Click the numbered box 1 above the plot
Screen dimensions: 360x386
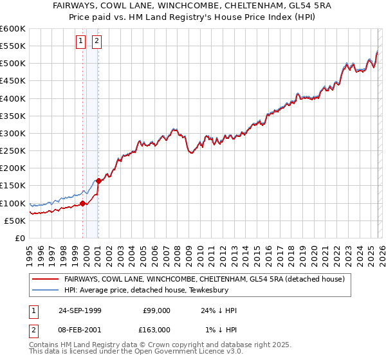[x=80, y=42]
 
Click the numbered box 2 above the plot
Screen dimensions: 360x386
[x=96, y=42]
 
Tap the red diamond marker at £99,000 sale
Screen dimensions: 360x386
[x=83, y=204]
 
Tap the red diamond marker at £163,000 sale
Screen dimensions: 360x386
[x=98, y=181]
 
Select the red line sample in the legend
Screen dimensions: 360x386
[x=45, y=279]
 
